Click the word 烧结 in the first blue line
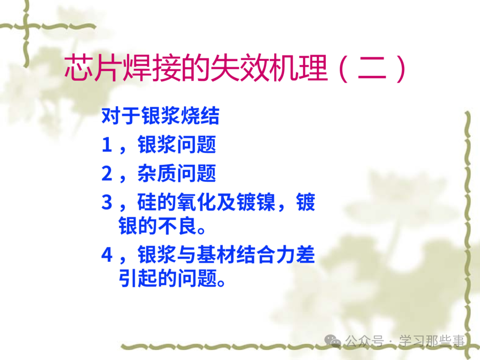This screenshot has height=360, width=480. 200,116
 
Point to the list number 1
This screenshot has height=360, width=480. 107,145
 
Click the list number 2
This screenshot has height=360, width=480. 107,173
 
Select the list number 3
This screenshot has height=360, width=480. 107,202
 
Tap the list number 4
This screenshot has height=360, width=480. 107,255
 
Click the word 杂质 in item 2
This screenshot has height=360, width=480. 157,173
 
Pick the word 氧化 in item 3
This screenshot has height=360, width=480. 196,202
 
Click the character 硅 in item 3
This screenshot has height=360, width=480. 147,202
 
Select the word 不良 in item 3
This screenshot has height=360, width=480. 177,226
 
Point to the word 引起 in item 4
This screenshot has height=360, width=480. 138,278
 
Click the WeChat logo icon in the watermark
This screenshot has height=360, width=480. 333,340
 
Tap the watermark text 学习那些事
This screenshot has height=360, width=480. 432,341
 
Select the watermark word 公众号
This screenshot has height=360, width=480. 364,341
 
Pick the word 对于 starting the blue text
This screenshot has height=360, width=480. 121,116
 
